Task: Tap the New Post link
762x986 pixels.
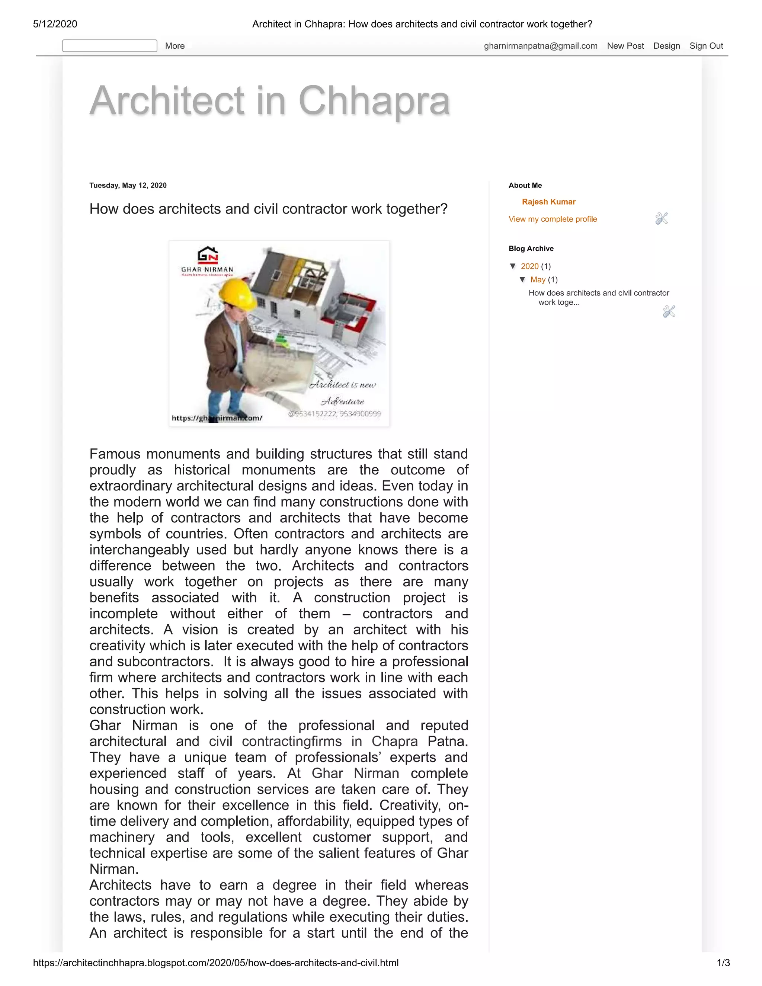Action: pyautogui.click(x=625, y=46)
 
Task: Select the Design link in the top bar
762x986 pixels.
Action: pyautogui.click(x=666, y=46)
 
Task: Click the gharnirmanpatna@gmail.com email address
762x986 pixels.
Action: pyautogui.click(x=540, y=46)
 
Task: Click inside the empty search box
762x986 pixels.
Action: pyautogui.click(x=109, y=46)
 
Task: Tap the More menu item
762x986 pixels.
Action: pyautogui.click(x=175, y=46)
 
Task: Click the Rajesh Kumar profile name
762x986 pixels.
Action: pyautogui.click(x=548, y=202)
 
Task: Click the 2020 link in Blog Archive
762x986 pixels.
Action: pyautogui.click(x=529, y=266)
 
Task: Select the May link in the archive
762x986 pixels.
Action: pyautogui.click(x=537, y=279)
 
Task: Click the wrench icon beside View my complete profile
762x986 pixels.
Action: pyautogui.click(x=661, y=218)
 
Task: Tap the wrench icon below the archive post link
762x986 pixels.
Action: pyautogui.click(x=669, y=311)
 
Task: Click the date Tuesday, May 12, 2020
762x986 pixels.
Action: pyautogui.click(x=128, y=186)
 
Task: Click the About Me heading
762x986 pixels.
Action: pyautogui.click(x=525, y=186)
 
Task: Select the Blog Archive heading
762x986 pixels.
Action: pyautogui.click(x=531, y=249)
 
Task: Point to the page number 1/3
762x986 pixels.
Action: pyautogui.click(x=723, y=963)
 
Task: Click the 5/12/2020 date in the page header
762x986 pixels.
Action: pyautogui.click(x=55, y=24)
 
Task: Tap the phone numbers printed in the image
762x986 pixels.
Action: pyautogui.click(x=334, y=413)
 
